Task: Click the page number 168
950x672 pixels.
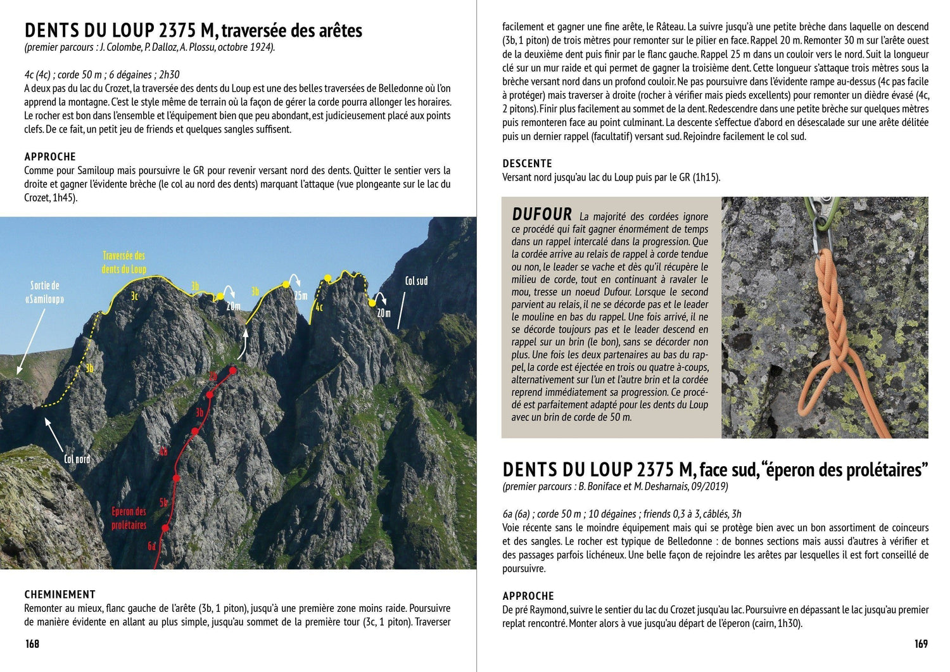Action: pos(32,643)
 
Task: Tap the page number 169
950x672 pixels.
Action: pos(921,643)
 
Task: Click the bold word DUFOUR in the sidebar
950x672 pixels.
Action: pos(541,215)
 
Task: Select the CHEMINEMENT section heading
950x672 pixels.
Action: pos(60,594)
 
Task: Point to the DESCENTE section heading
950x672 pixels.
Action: pos(527,163)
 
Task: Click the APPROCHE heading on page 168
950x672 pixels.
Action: pos(50,156)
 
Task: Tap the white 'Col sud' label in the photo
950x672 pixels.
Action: pos(416,281)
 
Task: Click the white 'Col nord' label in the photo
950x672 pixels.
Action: pos(77,459)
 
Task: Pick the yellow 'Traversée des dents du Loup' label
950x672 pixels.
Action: pos(123,262)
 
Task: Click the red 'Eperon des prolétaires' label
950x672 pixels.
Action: pos(129,518)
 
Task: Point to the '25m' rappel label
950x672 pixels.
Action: pos(301,296)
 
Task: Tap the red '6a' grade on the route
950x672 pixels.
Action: pos(152,545)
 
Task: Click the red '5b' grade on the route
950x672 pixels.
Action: pos(163,503)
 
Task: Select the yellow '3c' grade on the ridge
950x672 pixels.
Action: pos(134,296)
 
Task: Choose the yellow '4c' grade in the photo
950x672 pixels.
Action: pos(319,307)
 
